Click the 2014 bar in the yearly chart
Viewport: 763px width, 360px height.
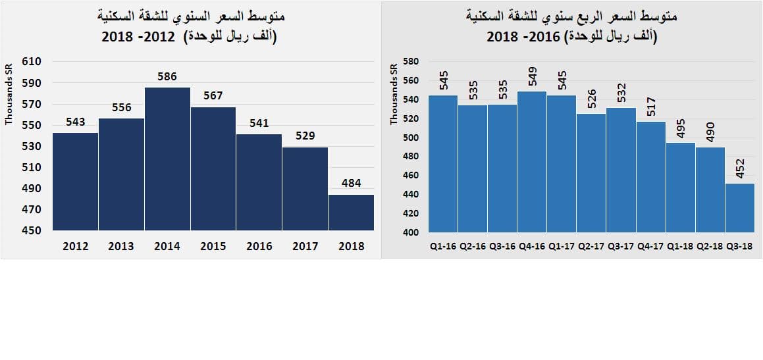[167, 159]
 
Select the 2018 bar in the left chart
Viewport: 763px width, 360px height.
[351, 212]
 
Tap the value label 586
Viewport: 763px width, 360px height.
[167, 77]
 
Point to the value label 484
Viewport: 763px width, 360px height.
[351, 184]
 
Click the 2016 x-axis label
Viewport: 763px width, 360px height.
[259, 246]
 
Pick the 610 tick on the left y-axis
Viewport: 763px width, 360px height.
[32, 62]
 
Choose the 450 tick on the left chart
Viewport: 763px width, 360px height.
[32, 231]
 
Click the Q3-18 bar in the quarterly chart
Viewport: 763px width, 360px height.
[739, 207]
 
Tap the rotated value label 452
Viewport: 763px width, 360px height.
[740, 168]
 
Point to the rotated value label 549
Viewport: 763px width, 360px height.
[533, 76]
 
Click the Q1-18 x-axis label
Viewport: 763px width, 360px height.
[680, 246]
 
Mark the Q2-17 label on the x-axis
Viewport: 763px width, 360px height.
[591, 246]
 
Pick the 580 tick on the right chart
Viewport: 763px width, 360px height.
[411, 62]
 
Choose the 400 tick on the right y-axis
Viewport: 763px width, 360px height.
[411, 232]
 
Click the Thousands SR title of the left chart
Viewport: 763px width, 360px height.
[9, 94]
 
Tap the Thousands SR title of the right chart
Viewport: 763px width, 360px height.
[394, 94]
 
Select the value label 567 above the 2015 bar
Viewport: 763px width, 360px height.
[213, 95]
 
